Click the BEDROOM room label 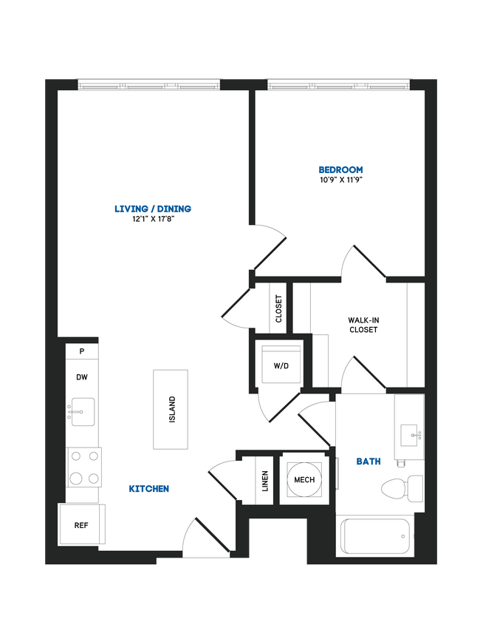340,169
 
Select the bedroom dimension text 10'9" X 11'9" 340,180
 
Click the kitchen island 171,408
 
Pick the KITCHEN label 149,489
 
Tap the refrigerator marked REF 81,525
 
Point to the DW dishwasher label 81,377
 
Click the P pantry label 81,351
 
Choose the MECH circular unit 304,479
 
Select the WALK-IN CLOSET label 363,325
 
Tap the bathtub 376,537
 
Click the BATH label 368,462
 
